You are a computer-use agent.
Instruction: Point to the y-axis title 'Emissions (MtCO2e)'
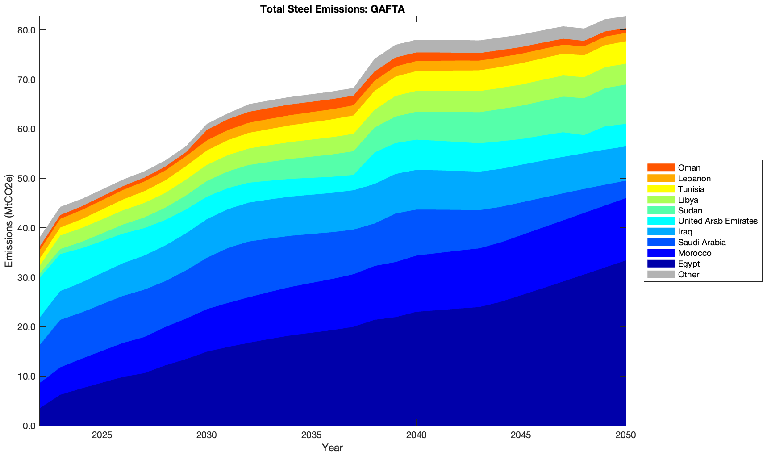(8, 221)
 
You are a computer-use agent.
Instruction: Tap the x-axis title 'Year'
(332, 448)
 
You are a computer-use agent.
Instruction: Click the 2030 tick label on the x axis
(207, 435)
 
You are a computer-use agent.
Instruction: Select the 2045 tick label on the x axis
(521, 435)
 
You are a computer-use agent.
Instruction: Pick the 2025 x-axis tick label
(102, 435)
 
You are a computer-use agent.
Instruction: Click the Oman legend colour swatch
(661, 167)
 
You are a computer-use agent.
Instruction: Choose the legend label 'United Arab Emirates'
(717, 221)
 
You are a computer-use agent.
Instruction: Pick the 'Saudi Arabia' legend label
(701, 243)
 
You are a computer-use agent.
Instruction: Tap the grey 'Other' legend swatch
(661, 275)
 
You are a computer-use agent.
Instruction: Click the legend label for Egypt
(689, 264)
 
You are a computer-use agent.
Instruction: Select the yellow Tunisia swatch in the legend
(661, 189)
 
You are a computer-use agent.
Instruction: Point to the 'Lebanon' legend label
(694, 179)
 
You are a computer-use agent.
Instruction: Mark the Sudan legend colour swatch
(661, 210)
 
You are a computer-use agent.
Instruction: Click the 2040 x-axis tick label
(416, 435)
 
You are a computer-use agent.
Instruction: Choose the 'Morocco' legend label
(694, 253)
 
